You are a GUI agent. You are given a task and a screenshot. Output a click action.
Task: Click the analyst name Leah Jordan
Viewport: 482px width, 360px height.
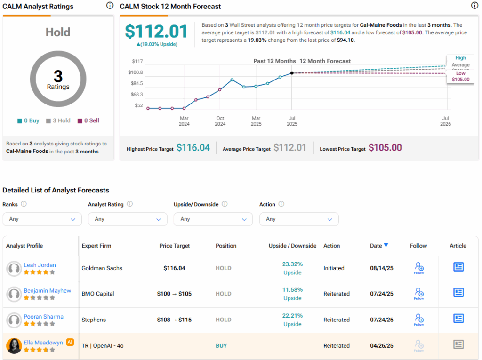tap(40, 265)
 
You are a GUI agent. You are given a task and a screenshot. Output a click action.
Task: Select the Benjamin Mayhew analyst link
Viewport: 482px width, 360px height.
tap(47, 291)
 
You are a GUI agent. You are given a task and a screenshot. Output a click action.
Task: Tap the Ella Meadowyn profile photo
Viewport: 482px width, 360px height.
tap(14, 346)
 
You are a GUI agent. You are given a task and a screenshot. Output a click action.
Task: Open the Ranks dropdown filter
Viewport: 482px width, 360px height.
tap(42, 219)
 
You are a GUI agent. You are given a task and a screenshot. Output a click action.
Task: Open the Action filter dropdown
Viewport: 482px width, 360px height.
tap(299, 219)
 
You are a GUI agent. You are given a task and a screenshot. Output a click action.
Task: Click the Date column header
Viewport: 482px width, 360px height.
tap(379, 246)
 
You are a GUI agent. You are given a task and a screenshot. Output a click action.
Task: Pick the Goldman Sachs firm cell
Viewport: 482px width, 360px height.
tap(102, 268)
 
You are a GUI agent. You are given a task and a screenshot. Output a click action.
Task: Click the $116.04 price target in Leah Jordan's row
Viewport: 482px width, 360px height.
tap(174, 268)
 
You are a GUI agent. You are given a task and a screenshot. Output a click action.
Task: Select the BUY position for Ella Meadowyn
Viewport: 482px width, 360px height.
tap(221, 346)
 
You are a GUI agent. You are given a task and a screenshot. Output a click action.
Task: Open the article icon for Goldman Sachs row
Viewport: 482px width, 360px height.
tap(458, 267)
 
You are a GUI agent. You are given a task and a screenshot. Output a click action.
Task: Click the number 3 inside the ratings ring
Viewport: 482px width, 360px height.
tap(58, 76)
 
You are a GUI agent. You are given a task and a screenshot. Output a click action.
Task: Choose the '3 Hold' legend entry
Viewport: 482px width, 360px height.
tap(58, 121)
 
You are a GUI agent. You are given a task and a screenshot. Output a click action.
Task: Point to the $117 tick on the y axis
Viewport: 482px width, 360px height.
tap(137, 61)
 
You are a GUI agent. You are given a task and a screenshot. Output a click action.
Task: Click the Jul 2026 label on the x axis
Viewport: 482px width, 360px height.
tap(445, 121)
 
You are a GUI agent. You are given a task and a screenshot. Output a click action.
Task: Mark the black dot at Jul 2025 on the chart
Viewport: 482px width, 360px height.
tap(292, 73)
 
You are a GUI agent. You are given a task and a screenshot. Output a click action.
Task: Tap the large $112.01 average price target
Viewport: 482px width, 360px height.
tap(156, 32)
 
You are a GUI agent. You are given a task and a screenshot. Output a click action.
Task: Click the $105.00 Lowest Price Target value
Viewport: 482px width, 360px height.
tap(385, 148)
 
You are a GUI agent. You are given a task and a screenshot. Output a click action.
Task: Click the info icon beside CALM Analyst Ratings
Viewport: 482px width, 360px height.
tap(110, 6)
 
